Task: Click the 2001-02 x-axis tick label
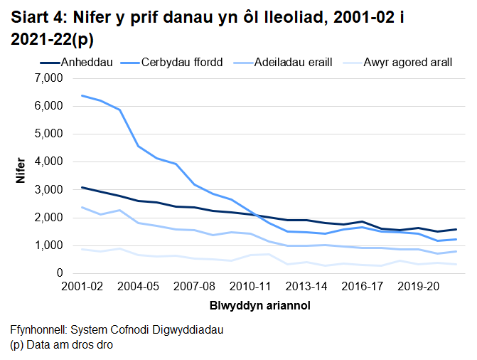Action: click(x=82, y=287)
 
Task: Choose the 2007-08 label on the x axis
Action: click(x=195, y=287)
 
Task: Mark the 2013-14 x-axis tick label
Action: click(x=306, y=287)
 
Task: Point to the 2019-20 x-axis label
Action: click(x=418, y=287)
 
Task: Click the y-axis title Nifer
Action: click(x=21, y=175)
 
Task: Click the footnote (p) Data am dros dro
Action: click(x=62, y=345)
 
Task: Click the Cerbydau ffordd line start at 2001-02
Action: click(x=82, y=95)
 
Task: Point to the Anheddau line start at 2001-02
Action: click(x=82, y=187)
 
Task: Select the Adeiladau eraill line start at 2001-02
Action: click(x=82, y=207)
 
